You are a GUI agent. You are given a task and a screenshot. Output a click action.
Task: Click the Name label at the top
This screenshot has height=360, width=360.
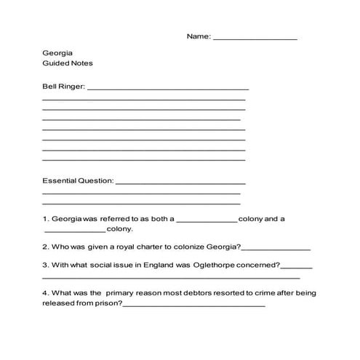[198, 36]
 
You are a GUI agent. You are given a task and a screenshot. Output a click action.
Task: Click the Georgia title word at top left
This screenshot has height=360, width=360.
[57, 53]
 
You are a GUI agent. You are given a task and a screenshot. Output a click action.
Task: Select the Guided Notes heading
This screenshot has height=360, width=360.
[68, 63]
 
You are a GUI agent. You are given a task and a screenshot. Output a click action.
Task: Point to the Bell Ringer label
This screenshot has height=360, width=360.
[63, 87]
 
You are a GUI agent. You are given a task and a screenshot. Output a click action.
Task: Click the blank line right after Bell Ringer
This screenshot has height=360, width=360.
[167, 89]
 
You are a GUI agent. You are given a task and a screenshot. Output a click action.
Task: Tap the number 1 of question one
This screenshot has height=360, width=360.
[45, 218]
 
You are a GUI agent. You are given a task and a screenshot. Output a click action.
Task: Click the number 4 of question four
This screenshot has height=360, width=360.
[45, 292]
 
